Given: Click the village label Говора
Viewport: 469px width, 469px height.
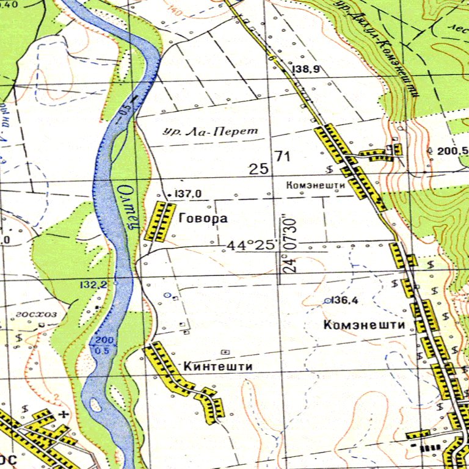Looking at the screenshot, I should point(203,218).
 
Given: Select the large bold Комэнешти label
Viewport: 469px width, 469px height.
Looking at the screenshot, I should point(365,325).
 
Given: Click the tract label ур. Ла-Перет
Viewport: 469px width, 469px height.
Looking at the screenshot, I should point(212,131).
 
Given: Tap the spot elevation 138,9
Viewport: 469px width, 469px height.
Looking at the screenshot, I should point(307,70).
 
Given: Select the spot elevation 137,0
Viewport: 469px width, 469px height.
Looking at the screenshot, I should point(189,194).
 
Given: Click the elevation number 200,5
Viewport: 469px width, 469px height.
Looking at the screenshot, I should point(453,151).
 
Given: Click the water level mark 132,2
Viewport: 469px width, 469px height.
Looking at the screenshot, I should point(93,285).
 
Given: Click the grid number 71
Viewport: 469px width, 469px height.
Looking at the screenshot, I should point(282,156).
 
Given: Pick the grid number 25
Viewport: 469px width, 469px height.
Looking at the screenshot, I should point(259,169).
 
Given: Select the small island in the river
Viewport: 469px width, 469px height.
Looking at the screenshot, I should point(96,404).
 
